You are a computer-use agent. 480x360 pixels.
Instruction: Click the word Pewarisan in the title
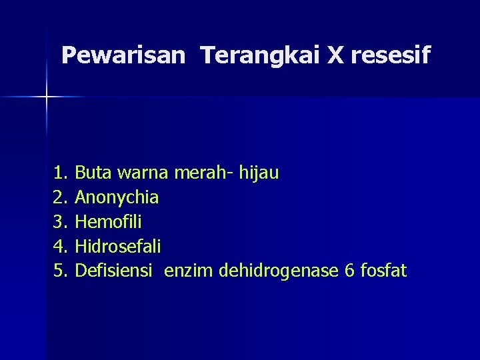click(x=122, y=55)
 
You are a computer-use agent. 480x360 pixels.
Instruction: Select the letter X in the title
click(x=334, y=55)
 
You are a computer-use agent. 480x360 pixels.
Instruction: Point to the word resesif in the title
click(x=390, y=55)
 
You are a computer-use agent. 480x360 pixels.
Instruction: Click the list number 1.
click(x=61, y=173)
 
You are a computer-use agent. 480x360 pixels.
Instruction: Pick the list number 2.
click(x=61, y=197)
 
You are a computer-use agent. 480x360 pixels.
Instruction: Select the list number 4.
click(x=61, y=247)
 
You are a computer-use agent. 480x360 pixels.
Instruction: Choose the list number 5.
click(x=61, y=271)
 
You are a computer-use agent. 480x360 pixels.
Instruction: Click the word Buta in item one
click(x=93, y=173)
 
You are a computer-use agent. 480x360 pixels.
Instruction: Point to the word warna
click(x=143, y=174)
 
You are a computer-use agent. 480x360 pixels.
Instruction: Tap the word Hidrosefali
click(x=118, y=247)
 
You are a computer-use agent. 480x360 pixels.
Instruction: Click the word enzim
click(x=189, y=271)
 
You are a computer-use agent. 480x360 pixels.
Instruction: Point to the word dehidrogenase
click(x=278, y=271)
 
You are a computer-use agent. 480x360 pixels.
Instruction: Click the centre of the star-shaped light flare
click(x=47, y=97)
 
